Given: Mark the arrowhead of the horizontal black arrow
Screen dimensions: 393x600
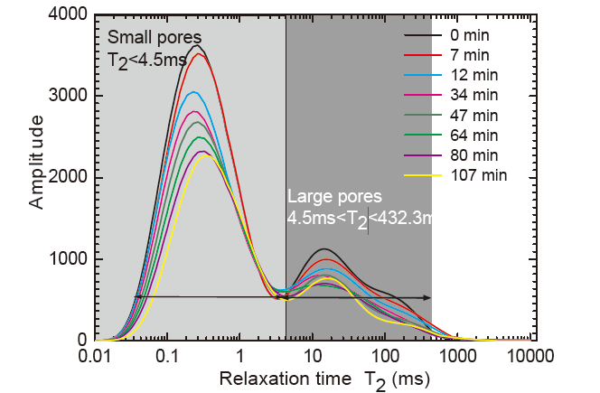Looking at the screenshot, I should [427, 297].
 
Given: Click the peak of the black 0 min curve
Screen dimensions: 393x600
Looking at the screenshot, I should [197, 46].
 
